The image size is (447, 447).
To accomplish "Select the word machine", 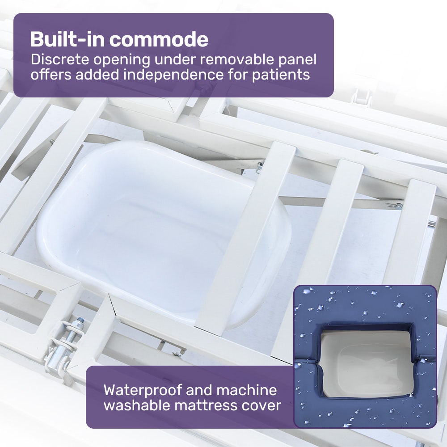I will (x=246, y=390).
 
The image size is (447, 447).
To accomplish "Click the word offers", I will (x=51, y=74).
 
